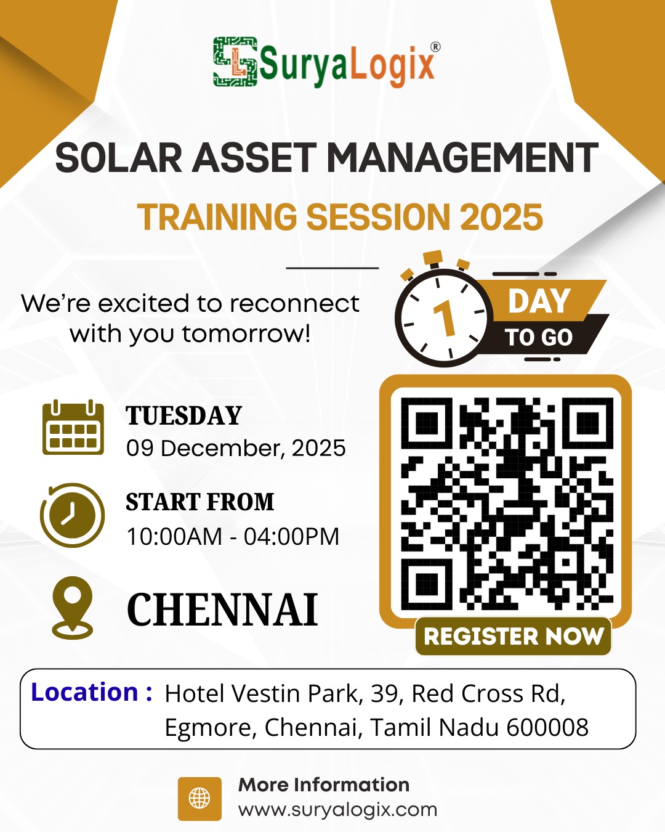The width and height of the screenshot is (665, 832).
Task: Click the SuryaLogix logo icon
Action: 235,61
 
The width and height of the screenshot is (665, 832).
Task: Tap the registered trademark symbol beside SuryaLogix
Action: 435,47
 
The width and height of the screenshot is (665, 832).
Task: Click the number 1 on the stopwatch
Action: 445,319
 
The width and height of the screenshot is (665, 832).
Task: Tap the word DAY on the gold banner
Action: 539,301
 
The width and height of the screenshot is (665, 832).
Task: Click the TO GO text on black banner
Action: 539,338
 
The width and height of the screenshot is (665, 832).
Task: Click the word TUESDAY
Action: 184,416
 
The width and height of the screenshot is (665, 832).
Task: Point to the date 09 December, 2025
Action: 236,448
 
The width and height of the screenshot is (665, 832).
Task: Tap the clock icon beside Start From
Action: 73,515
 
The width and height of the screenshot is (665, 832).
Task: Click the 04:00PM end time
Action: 291,537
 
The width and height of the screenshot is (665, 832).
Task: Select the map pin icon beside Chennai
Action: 73,607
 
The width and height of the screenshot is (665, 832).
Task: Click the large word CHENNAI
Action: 222,610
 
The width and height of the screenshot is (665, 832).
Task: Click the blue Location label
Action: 91,692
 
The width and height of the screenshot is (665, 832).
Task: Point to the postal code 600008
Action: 547,727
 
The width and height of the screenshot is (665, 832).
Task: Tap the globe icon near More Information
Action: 199,799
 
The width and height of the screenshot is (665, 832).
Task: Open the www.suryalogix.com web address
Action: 337,809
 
